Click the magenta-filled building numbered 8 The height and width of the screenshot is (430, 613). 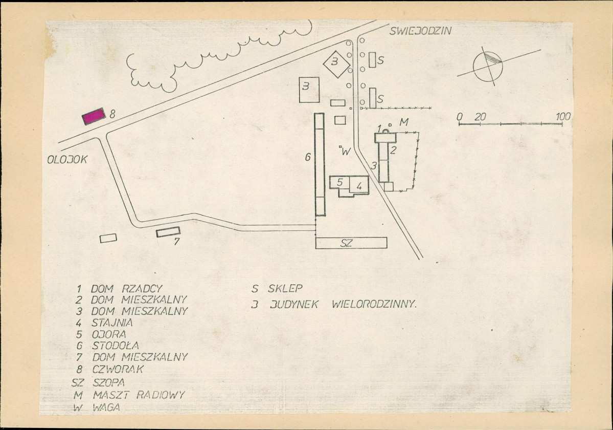coord(94,116)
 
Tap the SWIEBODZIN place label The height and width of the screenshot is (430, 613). coord(420,31)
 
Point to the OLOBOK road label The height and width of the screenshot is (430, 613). coord(67,160)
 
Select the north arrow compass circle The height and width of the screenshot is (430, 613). coord(488,67)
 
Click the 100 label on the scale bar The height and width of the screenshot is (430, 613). coord(562,117)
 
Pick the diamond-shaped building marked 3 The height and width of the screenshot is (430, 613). coord(336,63)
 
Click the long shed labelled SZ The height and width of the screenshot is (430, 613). coord(351,243)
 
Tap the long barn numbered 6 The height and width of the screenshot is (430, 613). coord(320,164)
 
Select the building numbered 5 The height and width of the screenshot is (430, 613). coord(339,183)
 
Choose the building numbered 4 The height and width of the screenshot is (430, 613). coord(359,185)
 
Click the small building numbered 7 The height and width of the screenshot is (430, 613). coord(168,232)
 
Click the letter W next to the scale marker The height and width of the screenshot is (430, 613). coord(346,152)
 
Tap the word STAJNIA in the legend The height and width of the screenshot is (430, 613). coord(112,323)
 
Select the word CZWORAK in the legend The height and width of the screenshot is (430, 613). coord(118,369)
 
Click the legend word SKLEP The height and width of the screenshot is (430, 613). coord(285,289)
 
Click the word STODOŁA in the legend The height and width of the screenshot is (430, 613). coord(116,346)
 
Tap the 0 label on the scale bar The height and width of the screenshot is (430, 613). coord(460,117)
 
